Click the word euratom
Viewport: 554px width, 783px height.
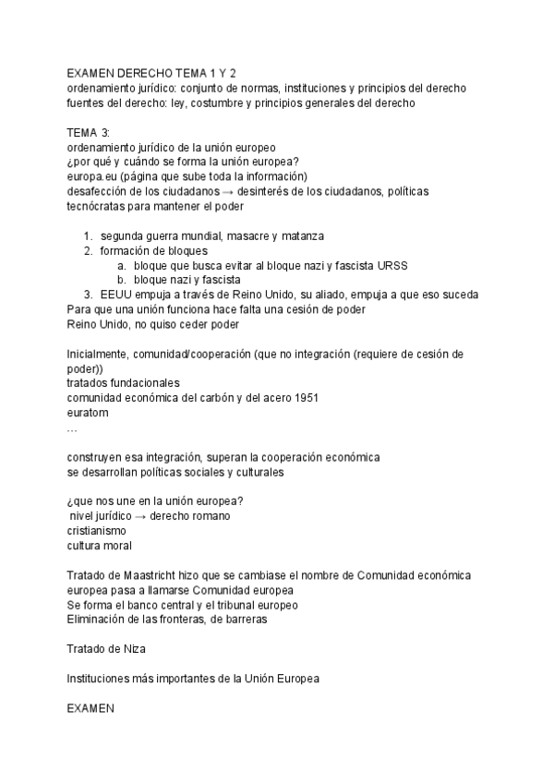pos(88,413)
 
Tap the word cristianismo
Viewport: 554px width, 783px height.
pos(98,531)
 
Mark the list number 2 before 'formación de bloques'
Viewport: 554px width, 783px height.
pos(89,250)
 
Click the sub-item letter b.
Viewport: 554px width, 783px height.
pos(121,280)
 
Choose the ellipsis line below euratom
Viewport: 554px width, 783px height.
pos(73,428)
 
